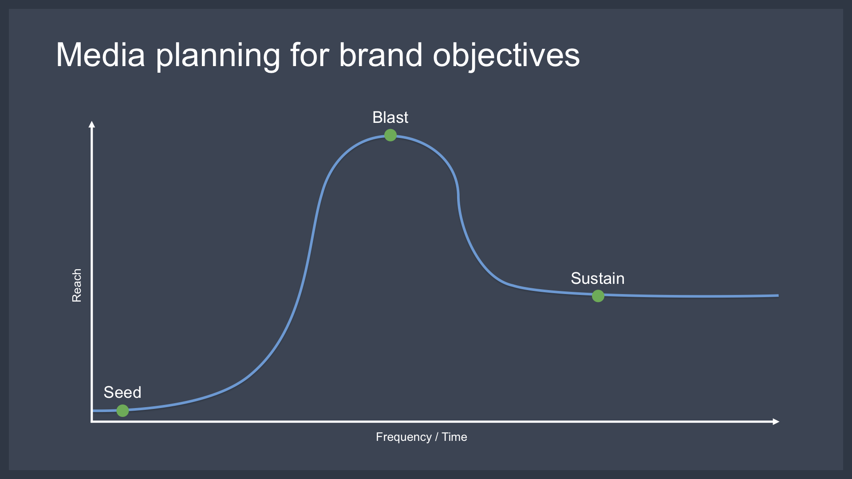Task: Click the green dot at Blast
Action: tap(390, 135)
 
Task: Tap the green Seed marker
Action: tap(122, 411)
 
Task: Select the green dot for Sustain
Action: tap(598, 296)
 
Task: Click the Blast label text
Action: tap(390, 118)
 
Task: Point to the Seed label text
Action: tap(122, 393)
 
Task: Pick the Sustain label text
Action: tap(598, 279)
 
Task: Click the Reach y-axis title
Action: tap(77, 285)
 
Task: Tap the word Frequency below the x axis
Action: tap(404, 437)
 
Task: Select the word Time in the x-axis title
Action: tap(454, 437)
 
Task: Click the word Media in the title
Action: tap(101, 55)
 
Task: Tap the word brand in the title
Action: tap(381, 55)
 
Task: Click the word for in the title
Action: tap(310, 55)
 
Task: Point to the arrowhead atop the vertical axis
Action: tap(92, 124)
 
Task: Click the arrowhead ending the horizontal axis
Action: tap(776, 422)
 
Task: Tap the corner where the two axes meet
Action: tap(92, 422)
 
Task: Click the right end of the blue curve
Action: tap(778, 295)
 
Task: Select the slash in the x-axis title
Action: tap(437, 437)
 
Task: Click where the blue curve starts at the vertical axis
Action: tap(93, 411)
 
